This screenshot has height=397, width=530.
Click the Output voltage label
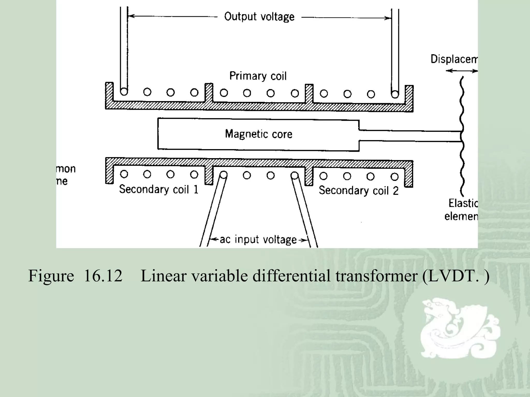coord(259,17)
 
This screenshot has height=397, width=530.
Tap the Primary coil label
coord(258,76)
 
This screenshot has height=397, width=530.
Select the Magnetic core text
coord(259,134)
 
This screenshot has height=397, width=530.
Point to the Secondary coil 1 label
coord(159,189)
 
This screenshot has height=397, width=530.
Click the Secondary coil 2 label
coord(358,190)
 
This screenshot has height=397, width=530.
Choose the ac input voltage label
coord(258,240)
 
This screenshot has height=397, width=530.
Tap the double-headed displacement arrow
coord(462,71)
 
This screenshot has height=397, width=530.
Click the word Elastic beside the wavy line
coord(463,203)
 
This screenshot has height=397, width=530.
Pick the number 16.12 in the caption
coord(103,276)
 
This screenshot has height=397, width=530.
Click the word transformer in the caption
coord(376,276)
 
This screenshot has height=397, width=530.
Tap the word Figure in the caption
coord(51,276)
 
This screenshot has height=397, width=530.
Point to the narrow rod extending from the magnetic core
coord(409,136)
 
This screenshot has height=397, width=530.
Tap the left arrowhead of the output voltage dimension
coord(131,16)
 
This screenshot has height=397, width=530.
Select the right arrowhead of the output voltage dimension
coord(388,18)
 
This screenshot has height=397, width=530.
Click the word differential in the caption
coord(291,276)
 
